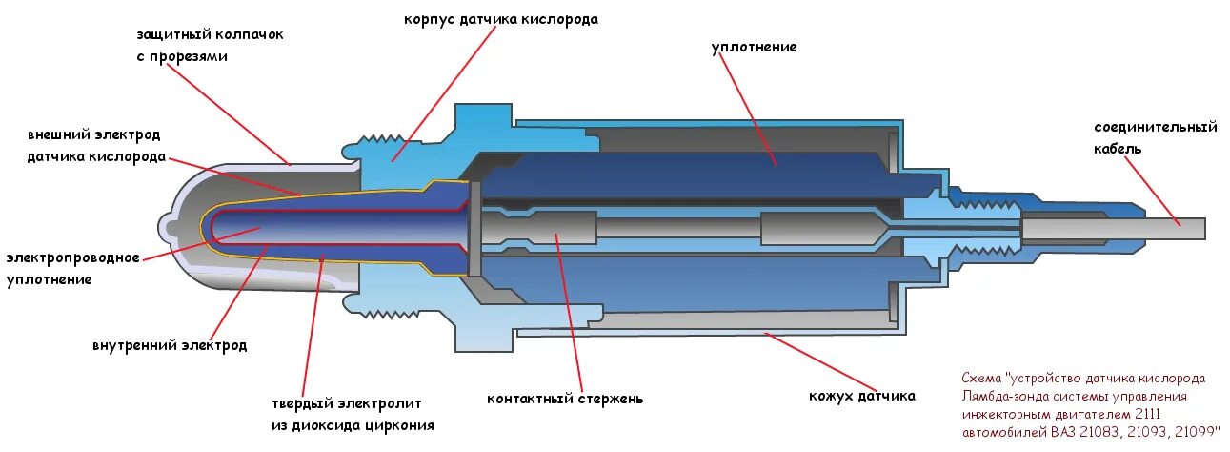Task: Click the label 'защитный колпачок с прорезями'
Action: (x=209, y=45)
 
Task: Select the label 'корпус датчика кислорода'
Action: (x=501, y=19)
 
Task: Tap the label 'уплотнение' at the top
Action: (x=754, y=47)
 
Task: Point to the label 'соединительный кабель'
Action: (x=1156, y=137)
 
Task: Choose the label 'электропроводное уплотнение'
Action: (x=73, y=268)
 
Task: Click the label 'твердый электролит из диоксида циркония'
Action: (x=347, y=415)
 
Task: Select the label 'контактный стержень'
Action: (x=564, y=399)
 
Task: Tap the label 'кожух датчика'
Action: (x=861, y=396)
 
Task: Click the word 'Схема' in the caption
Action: (x=981, y=378)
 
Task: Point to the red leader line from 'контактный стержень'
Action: (x=571, y=315)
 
